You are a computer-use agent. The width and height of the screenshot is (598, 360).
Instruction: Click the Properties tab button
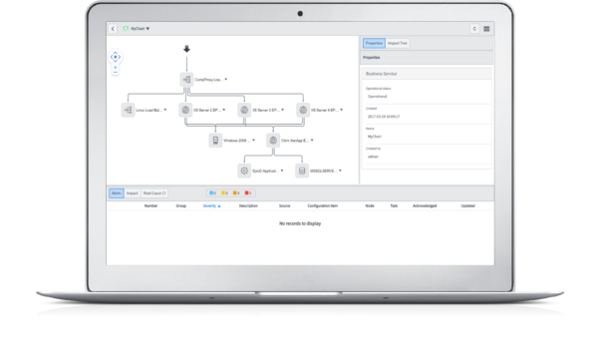click(x=374, y=44)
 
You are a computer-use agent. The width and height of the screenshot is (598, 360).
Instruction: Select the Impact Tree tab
click(x=397, y=44)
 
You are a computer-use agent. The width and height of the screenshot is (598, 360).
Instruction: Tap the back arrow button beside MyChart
click(x=113, y=28)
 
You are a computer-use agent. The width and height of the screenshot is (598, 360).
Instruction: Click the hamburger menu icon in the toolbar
click(x=486, y=28)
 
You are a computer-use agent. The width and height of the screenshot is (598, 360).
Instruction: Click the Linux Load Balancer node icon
click(x=128, y=110)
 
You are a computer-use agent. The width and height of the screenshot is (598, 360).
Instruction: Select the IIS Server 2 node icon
click(x=185, y=110)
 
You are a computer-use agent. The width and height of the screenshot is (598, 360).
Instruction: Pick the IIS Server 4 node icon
click(x=302, y=110)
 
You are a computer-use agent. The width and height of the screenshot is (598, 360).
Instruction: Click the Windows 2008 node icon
click(x=214, y=141)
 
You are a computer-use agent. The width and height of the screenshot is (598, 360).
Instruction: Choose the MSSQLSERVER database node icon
click(x=302, y=171)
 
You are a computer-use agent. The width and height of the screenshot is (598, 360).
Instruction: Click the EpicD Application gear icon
click(x=243, y=171)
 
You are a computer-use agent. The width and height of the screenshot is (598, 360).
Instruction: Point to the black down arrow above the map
click(x=185, y=49)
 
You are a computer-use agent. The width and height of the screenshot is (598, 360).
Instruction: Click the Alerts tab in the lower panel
click(x=116, y=191)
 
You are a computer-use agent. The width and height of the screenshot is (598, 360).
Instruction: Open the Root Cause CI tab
click(x=154, y=191)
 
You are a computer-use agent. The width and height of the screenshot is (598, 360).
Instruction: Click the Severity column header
click(x=211, y=205)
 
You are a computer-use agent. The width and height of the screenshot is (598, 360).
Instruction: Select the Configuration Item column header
click(x=321, y=205)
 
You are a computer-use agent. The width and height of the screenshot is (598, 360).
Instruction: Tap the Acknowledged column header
click(x=424, y=205)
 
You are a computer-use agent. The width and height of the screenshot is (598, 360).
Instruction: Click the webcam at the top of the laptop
click(x=299, y=12)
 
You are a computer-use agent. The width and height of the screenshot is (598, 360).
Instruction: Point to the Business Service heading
click(x=383, y=74)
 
